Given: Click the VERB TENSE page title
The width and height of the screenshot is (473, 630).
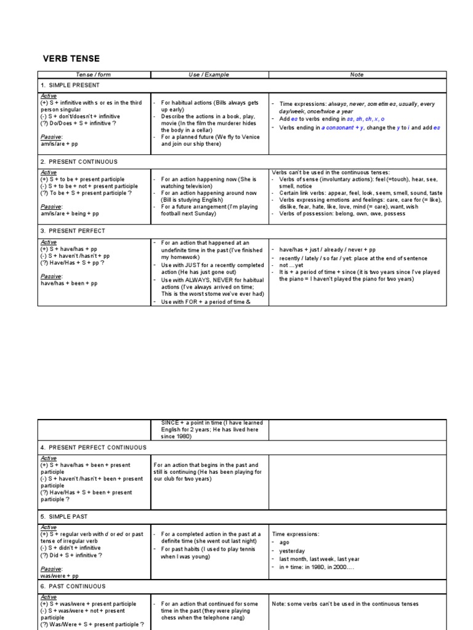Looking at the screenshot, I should tap(71, 58).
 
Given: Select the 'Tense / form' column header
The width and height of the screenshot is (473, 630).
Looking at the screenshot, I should tap(94, 74).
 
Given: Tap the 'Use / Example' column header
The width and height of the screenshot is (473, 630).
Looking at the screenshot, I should tap(209, 74).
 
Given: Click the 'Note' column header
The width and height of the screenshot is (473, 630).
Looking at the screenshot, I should tap(357, 74).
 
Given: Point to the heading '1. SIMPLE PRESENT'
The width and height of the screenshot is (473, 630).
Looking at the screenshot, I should tap(70, 85).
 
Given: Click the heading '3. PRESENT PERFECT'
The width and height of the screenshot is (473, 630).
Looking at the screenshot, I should tap(73, 231).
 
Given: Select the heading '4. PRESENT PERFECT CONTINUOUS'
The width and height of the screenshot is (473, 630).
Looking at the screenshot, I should tap(93, 447).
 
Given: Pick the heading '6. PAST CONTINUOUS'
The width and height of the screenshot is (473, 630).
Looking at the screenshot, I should tap(73, 586).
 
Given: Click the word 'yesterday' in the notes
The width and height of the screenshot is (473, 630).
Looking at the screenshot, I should tap(293, 551).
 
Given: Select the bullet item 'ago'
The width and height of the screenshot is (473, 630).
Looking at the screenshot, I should tap(285, 543).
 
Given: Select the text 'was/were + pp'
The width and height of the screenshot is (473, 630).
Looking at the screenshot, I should tap(59, 576).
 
